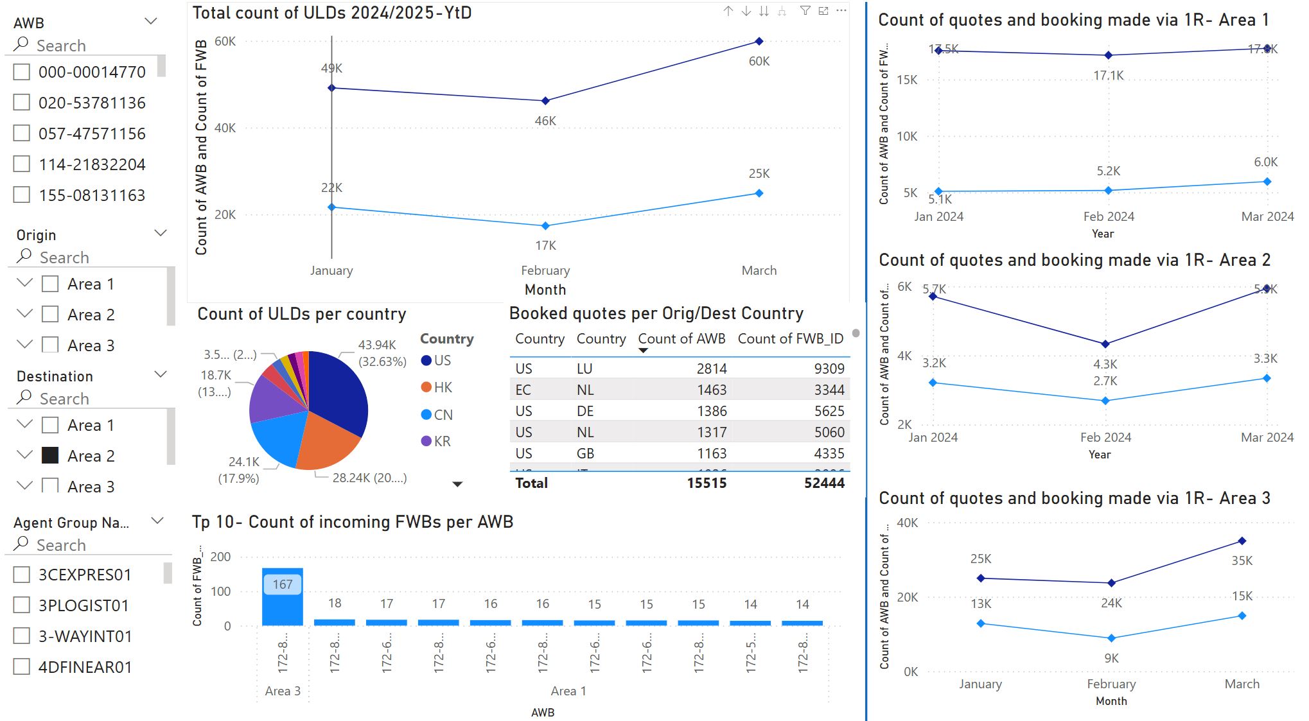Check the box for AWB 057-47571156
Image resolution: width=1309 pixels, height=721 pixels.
pyautogui.click(x=22, y=134)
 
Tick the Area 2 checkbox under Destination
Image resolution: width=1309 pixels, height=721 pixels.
pyautogui.click(x=50, y=456)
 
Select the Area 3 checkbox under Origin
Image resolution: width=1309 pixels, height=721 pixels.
pyautogui.click(x=50, y=345)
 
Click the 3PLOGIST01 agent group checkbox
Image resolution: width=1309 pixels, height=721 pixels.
pyautogui.click(x=22, y=605)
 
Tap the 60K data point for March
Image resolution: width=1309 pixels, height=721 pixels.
pyautogui.click(x=759, y=41)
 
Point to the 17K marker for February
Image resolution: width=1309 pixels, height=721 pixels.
pyautogui.click(x=545, y=226)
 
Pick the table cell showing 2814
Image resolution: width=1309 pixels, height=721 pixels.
pyautogui.click(x=712, y=369)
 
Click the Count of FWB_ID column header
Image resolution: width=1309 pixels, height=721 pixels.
pyautogui.click(x=790, y=339)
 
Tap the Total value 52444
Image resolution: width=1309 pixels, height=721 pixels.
pyautogui.click(x=824, y=483)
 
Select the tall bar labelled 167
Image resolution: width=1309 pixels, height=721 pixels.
pyautogui.click(x=283, y=597)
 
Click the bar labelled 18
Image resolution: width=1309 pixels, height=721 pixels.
pyautogui.click(x=335, y=622)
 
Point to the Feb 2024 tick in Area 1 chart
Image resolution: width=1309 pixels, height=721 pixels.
pyautogui.click(x=1109, y=216)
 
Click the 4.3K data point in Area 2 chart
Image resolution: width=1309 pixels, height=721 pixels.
pyautogui.click(x=1105, y=344)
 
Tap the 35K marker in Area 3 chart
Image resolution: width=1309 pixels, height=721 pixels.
pyautogui.click(x=1242, y=541)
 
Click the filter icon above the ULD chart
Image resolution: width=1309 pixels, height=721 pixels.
pyautogui.click(x=805, y=11)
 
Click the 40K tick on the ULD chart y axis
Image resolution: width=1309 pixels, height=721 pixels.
pyautogui.click(x=225, y=128)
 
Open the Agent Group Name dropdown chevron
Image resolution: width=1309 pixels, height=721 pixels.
pyautogui.click(x=157, y=521)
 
